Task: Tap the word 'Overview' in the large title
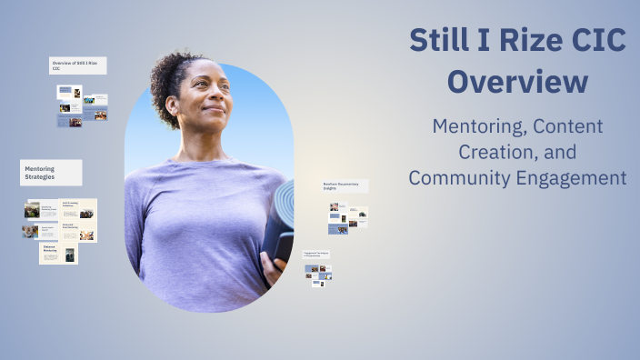[x=518, y=82]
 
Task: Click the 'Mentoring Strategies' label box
[x=51, y=173]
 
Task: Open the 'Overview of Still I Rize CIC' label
[x=77, y=65]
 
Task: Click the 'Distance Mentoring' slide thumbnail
[x=58, y=252]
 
